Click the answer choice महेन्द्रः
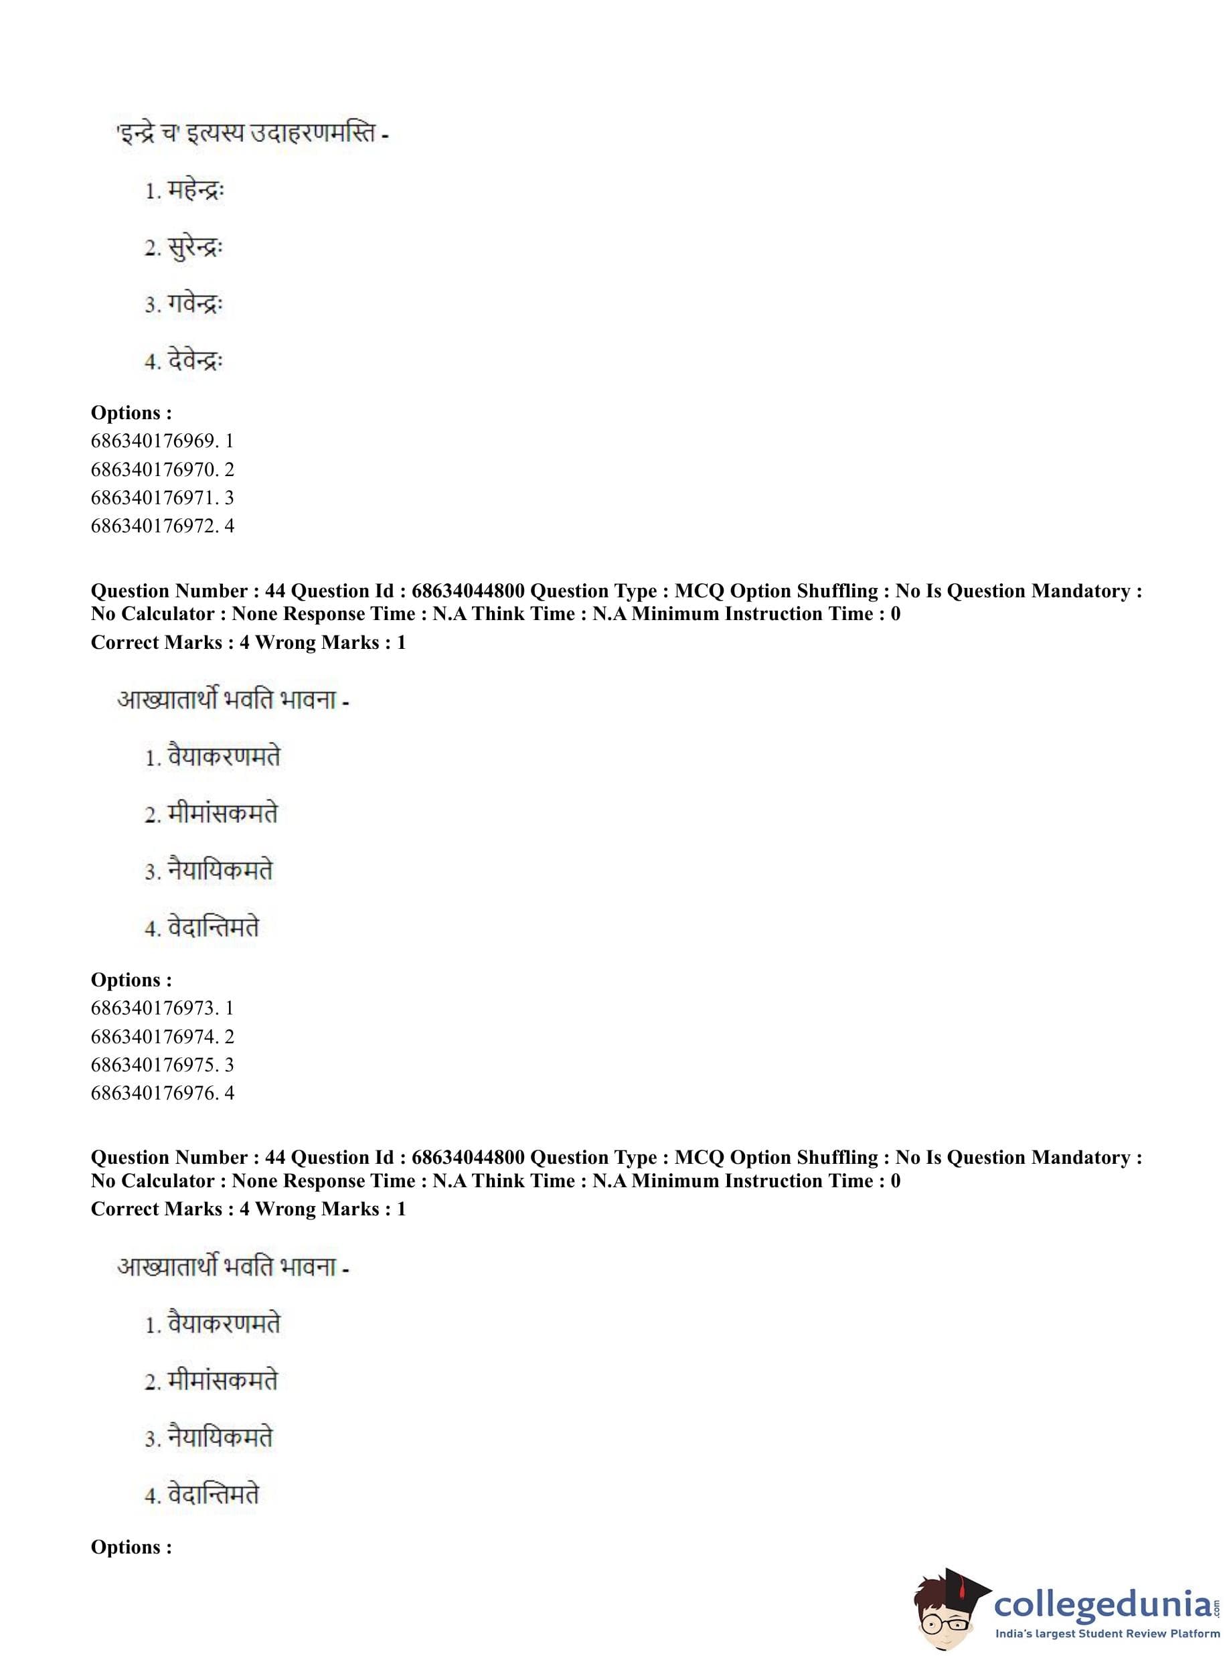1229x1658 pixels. pyautogui.click(x=195, y=192)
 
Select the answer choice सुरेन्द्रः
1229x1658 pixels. pyautogui.click(x=195, y=248)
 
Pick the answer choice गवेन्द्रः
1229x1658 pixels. pyautogui.click(x=195, y=305)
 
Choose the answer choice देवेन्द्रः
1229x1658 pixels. pyautogui.click(x=195, y=362)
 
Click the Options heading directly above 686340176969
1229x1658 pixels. pyautogui.click(x=131, y=413)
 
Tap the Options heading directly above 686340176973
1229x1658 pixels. pyautogui.click(x=131, y=980)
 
